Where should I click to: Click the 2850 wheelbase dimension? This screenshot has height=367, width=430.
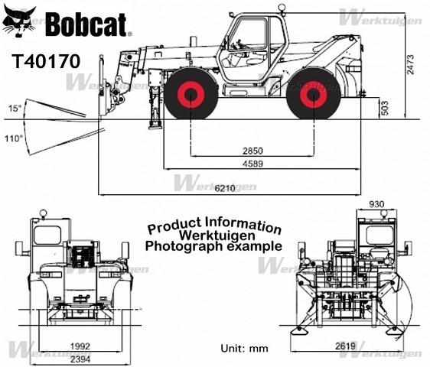click(252, 151)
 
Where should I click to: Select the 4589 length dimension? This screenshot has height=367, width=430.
click(252, 164)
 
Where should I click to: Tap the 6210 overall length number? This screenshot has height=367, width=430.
click(225, 188)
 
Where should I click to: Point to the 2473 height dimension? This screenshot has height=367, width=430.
click(411, 65)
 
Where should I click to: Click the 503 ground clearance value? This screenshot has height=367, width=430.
click(385, 108)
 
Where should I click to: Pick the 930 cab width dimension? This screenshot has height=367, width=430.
click(376, 204)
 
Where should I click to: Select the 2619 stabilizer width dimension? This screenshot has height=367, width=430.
click(345, 346)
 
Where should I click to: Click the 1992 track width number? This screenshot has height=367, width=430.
click(80, 346)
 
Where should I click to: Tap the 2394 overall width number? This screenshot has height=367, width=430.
click(80, 359)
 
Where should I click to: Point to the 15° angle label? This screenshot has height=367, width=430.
click(15, 109)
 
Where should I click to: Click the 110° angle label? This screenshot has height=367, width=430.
click(14, 138)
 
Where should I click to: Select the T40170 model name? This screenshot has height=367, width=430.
click(46, 61)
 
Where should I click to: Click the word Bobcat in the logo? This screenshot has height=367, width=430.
click(87, 24)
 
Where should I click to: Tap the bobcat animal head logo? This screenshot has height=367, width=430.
click(19, 21)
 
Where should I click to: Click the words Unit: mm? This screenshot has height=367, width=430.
click(244, 349)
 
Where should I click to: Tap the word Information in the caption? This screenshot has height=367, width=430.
click(243, 226)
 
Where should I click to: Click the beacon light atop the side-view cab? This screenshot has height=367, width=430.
click(282, 7)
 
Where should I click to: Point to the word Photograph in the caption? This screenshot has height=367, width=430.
click(184, 247)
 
